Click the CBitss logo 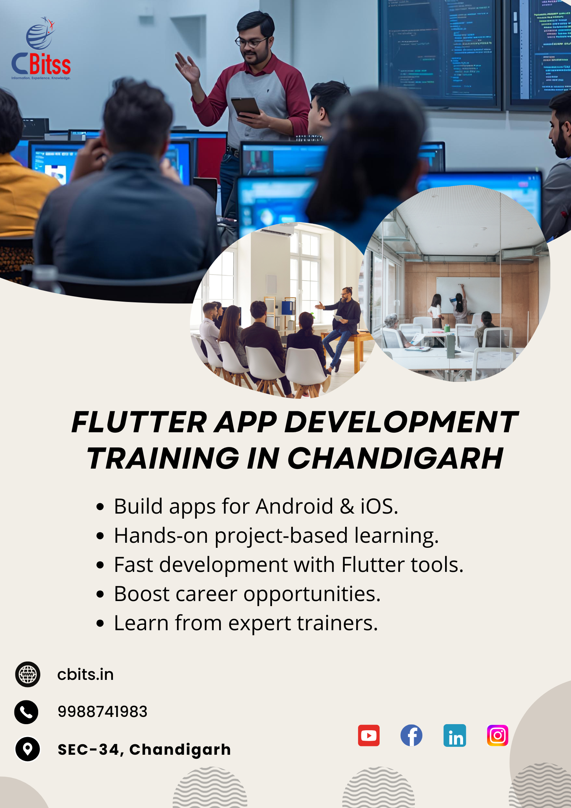tap(41, 48)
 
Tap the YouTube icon tap(368, 735)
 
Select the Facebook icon tap(411, 735)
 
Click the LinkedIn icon tap(454, 735)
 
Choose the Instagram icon tap(498, 735)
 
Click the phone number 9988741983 tap(103, 712)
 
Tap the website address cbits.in tap(85, 674)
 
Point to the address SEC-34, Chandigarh tap(144, 749)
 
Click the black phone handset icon tap(26, 712)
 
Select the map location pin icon tap(27, 749)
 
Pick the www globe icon tap(28, 674)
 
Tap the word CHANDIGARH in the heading tap(395, 458)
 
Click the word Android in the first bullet tap(295, 506)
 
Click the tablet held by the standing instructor tap(246, 107)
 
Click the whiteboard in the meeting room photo tap(468, 294)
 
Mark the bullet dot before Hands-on tap(100, 536)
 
